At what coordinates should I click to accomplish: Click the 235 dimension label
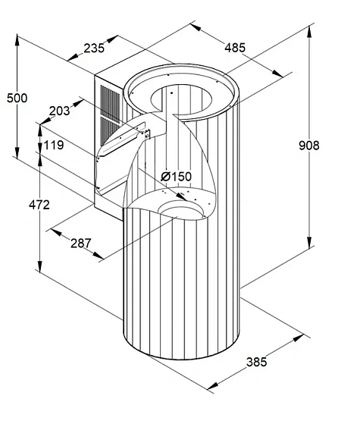pos(94,49)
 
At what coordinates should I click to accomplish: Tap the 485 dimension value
pos(235,48)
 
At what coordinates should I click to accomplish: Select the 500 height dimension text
pos(17,98)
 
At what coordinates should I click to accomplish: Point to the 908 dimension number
pos(309,146)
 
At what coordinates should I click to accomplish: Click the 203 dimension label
pos(59,111)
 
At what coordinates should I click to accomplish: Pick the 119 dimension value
pos(54,145)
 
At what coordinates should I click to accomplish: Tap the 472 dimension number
pos(39,205)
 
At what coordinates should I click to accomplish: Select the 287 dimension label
pos(81,243)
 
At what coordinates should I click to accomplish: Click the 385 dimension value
pos(257,363)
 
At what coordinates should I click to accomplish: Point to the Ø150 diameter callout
pos(177,177)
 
